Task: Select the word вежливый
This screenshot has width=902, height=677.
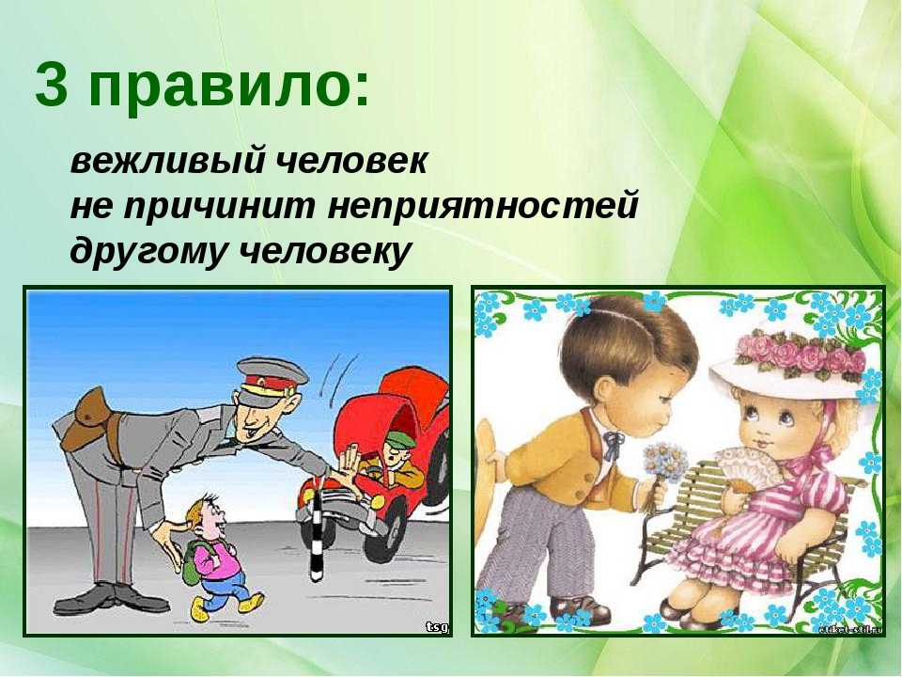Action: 167,161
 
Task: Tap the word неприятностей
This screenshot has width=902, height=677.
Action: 483,206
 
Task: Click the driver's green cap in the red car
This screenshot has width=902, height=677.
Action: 398,440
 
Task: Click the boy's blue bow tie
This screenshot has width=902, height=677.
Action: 613,443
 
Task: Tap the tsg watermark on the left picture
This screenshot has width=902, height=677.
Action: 437,627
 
